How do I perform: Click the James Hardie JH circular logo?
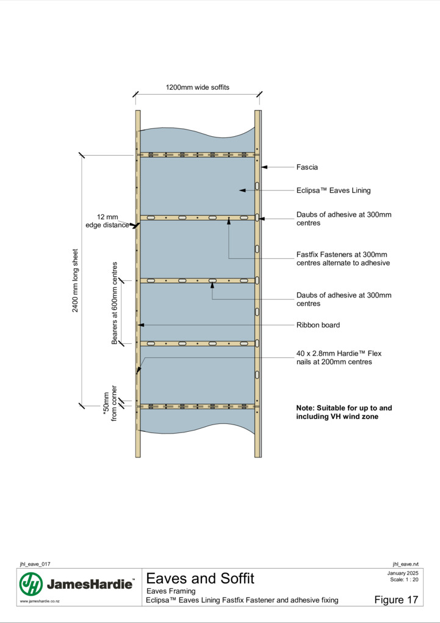click(x=31, y=584)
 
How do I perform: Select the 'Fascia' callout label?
click(x=307, y=167)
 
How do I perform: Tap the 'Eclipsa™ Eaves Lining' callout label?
click(x=334, y=191)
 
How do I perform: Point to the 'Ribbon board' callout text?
click(x=318, y=325)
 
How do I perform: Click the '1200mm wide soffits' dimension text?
click(x=197, y=87)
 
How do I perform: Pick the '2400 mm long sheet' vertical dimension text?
click(x=75, y=280)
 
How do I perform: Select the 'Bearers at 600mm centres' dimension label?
click(x=114, y=303)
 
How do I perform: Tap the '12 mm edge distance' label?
click(x=107, y=221)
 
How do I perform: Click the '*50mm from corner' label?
click(x=110, y=403)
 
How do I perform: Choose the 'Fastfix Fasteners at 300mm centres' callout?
click(x=343, y=258)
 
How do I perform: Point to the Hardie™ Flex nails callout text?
click(x=339, y=357)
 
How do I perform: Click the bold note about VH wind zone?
click(x=344, y=412)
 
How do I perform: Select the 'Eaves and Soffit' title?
click(x=200, y=578)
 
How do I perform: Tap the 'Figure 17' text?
click(x=396, y=600)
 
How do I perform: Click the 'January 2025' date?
click(x=403, y=573)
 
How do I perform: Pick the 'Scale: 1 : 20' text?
click(x=404, y=579)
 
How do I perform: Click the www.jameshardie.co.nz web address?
click(x=40, y=601)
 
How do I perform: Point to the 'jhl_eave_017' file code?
click(x=35, y=564)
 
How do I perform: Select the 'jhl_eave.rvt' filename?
click(x=405, y=564)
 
